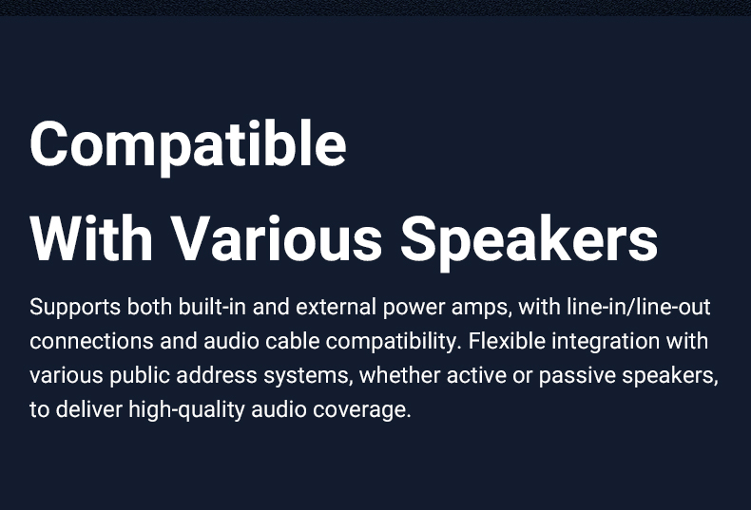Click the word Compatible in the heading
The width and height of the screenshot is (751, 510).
[188, 147]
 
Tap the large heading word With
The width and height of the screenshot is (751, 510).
[91, 238]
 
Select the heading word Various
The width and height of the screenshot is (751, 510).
[277, 238]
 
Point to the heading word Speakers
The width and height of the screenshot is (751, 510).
[530, 241]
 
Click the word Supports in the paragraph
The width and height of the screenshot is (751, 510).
[75, 307]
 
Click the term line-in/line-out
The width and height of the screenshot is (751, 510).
[639, 306]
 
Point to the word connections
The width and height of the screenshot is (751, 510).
[91, 341]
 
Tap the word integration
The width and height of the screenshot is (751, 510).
[606, 343]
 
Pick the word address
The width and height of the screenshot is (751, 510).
[217, 375]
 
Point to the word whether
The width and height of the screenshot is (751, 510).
[400, 375]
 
